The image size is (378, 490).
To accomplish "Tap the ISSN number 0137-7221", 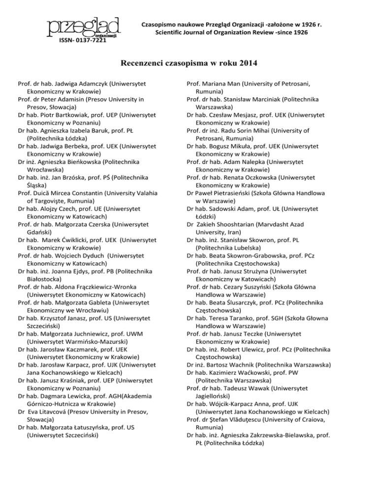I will pyautogui.click(x=89, y=41).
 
